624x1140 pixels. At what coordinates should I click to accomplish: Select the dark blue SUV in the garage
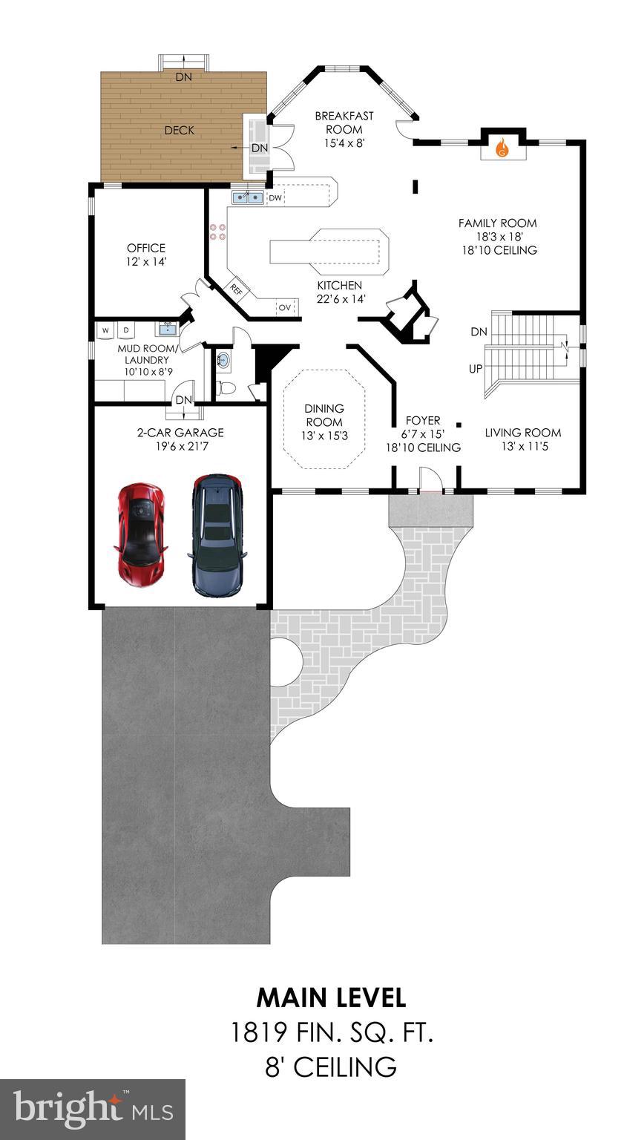[x=216, y=534]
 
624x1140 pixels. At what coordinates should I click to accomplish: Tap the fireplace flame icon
[x=502, y=148]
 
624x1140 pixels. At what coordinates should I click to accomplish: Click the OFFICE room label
[x=146, y=248]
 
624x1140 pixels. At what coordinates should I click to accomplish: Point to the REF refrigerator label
[x=237, y=288]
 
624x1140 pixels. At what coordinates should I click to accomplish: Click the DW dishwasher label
[x=275, y=197]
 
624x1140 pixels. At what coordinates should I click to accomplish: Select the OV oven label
[x=285, y=307]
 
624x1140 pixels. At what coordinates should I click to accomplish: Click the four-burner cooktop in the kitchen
[x=218, y=232]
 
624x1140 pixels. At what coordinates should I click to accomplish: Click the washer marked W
[x=105, y=330]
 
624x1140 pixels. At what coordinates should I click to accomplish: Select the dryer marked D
[x=125, y=330]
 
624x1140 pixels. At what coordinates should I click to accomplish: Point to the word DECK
[x=180, y=130]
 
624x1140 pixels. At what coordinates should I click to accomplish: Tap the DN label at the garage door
[x=183, y=400]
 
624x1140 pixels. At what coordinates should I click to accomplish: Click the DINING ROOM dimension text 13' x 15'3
[x=324, y=436]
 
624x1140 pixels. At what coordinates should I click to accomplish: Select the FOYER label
[x=423, y=420]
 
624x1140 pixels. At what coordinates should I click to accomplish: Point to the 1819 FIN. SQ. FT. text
[x=331, y=1032]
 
